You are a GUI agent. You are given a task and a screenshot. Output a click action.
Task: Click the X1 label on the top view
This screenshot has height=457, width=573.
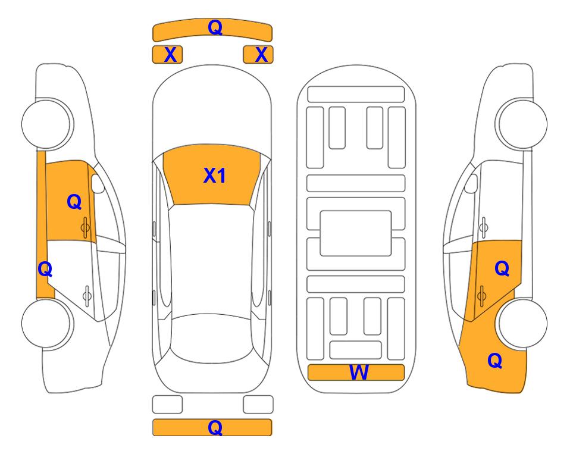[x=215, y=176]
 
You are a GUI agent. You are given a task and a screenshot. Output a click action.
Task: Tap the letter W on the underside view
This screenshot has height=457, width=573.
[x=359, y=373]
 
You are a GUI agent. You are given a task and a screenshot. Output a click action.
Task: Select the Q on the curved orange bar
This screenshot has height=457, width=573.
[x=215, y=27]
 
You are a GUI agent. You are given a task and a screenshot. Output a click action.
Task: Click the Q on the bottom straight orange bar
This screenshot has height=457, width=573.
[x=215, y=427]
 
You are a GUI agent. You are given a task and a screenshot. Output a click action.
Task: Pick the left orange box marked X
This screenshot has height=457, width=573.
[x=167, y=55]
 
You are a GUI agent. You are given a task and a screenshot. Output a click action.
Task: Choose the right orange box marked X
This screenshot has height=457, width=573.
[x=258, y=55]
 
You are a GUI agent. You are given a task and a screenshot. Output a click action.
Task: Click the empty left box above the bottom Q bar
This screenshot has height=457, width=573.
[x=167, y=405]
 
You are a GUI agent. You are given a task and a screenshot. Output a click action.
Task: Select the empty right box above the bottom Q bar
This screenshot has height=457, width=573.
[x=258, y=405]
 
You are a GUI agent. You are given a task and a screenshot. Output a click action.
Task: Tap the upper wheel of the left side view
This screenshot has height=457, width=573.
[x=48, y=124]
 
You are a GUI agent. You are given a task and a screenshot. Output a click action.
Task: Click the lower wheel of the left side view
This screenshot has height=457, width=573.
[x=48, y=323]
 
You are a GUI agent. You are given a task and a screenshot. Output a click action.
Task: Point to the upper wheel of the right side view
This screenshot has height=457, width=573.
[x=521, y=124]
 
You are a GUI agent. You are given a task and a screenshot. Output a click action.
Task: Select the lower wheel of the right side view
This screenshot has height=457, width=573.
[x=521, y=323]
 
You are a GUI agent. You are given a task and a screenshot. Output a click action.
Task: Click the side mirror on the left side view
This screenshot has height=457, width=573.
[x=98, y=183]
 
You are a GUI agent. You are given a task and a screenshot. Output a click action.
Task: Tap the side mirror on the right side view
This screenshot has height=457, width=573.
[x=471, y=183]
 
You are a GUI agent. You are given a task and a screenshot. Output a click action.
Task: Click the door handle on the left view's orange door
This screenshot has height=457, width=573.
[x=85, y=228]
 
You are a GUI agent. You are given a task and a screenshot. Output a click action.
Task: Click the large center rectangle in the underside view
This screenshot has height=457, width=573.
[x=356, y=233]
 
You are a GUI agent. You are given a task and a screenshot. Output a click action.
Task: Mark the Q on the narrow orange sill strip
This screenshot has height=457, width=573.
[x=45, y=270]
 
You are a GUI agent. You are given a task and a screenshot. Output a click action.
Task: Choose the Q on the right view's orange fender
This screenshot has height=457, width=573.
[x=495, y=361]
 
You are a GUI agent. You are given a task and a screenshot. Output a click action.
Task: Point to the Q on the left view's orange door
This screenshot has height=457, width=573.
[x=74, y=202]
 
